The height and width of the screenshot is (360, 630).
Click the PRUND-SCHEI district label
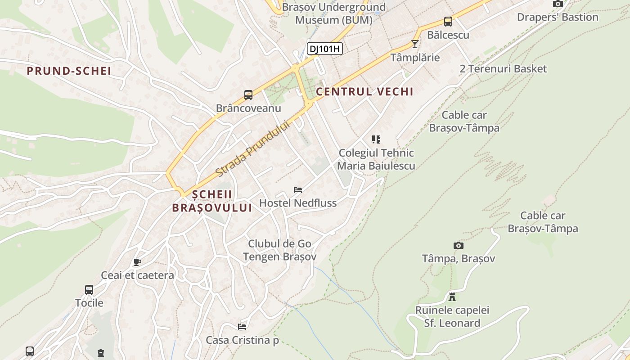(x=69, y=71)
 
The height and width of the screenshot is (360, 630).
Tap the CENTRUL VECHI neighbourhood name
(x=364, y=92)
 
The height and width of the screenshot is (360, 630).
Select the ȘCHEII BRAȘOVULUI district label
(x=212, y=201)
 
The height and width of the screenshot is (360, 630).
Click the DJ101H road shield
(x=325, y=49)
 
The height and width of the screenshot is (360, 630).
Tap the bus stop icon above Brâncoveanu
(x=248, y=95)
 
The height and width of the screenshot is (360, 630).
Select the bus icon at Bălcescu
(x=448, y=22)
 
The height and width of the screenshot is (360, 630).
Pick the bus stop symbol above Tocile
(x=89, y=289)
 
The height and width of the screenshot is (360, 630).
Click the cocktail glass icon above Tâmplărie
(x=415, y=44)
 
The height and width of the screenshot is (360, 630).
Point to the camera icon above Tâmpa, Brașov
(x=459, y=245)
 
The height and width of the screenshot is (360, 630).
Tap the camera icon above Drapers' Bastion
(x=558, y=4)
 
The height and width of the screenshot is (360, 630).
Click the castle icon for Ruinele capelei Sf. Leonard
(x=452, y=297)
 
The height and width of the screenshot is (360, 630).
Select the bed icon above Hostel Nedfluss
(x=298, y=189)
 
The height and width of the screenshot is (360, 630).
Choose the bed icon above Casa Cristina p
(x=242, y=326)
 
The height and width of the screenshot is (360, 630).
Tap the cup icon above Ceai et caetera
(x=137, y=262)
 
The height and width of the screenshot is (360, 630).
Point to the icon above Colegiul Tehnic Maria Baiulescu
(x=376, y=139)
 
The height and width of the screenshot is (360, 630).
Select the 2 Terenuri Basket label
(x=503, y=69)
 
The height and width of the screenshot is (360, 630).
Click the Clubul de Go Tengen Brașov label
(x=279, y=250)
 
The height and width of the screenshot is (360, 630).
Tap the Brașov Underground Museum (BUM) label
(x=334, y=13)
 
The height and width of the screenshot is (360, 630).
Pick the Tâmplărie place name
(x=415, y=58)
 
